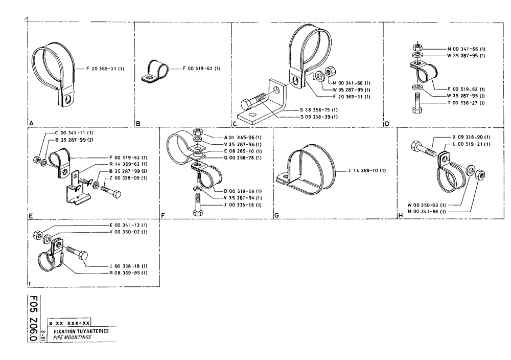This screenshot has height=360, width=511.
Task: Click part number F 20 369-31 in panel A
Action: click(x=101, y=68)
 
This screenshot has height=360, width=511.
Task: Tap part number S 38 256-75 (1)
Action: click(x=319, y=110)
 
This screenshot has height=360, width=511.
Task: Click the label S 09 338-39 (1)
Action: click(x=319, y=117)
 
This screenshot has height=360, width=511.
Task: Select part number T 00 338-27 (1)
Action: click(x=466, y=103)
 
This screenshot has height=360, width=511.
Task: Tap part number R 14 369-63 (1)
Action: click(x=127, y=164)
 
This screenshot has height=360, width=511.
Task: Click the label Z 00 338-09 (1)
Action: click(x=127, y=177)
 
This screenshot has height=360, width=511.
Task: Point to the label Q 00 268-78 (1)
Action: click(x=243, y=157)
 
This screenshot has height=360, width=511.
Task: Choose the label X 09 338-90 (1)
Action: click(x=471, y=138)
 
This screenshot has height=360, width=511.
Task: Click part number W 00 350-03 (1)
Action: click(x=427, y=205)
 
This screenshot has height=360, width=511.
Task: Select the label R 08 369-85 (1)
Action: click(x=129, y=273)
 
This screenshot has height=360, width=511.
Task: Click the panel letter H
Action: click(x=400, y=216)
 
